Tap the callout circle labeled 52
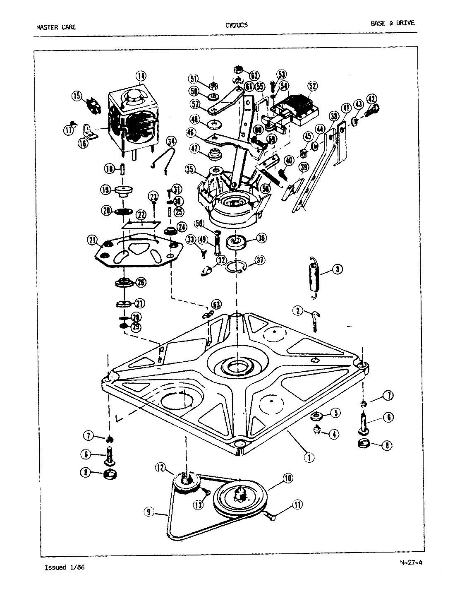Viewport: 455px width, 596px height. [x=312, y=86]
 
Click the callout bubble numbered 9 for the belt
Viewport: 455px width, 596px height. [x=149, y=512]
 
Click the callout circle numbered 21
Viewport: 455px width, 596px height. [x=92, y=240]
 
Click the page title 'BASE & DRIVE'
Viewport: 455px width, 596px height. [x=392, y=23]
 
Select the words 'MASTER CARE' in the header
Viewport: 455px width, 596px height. [x=56, y=28]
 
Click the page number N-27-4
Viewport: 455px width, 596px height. [x=411, y=562]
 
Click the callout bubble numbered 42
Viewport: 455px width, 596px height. [x=372, y=99]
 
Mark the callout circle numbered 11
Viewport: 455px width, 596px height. [x=297, y=505]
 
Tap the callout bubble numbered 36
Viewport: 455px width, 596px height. [x=261, y=238]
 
